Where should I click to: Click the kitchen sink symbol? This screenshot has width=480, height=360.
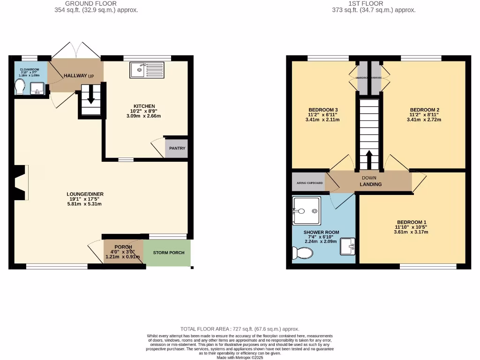point(147,70)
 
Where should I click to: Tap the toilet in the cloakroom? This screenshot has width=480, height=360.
point(20,86)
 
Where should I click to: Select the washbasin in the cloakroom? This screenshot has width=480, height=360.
point(37,88)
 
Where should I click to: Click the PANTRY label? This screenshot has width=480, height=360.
point(177,148)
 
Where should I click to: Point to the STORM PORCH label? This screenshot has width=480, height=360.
point(169,253)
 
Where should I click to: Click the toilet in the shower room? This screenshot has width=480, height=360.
point(302,253)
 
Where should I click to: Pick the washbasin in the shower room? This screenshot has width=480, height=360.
point(347,246)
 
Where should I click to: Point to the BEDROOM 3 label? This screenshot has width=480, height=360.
point(323,110)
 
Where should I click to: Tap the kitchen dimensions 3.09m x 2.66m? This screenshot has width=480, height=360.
point(144,116)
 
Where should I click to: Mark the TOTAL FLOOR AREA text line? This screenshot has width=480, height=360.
point(240,329)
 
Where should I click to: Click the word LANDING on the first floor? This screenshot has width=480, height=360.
point(370,184)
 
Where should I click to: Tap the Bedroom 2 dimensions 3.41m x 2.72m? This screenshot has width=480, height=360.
point(424,120)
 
